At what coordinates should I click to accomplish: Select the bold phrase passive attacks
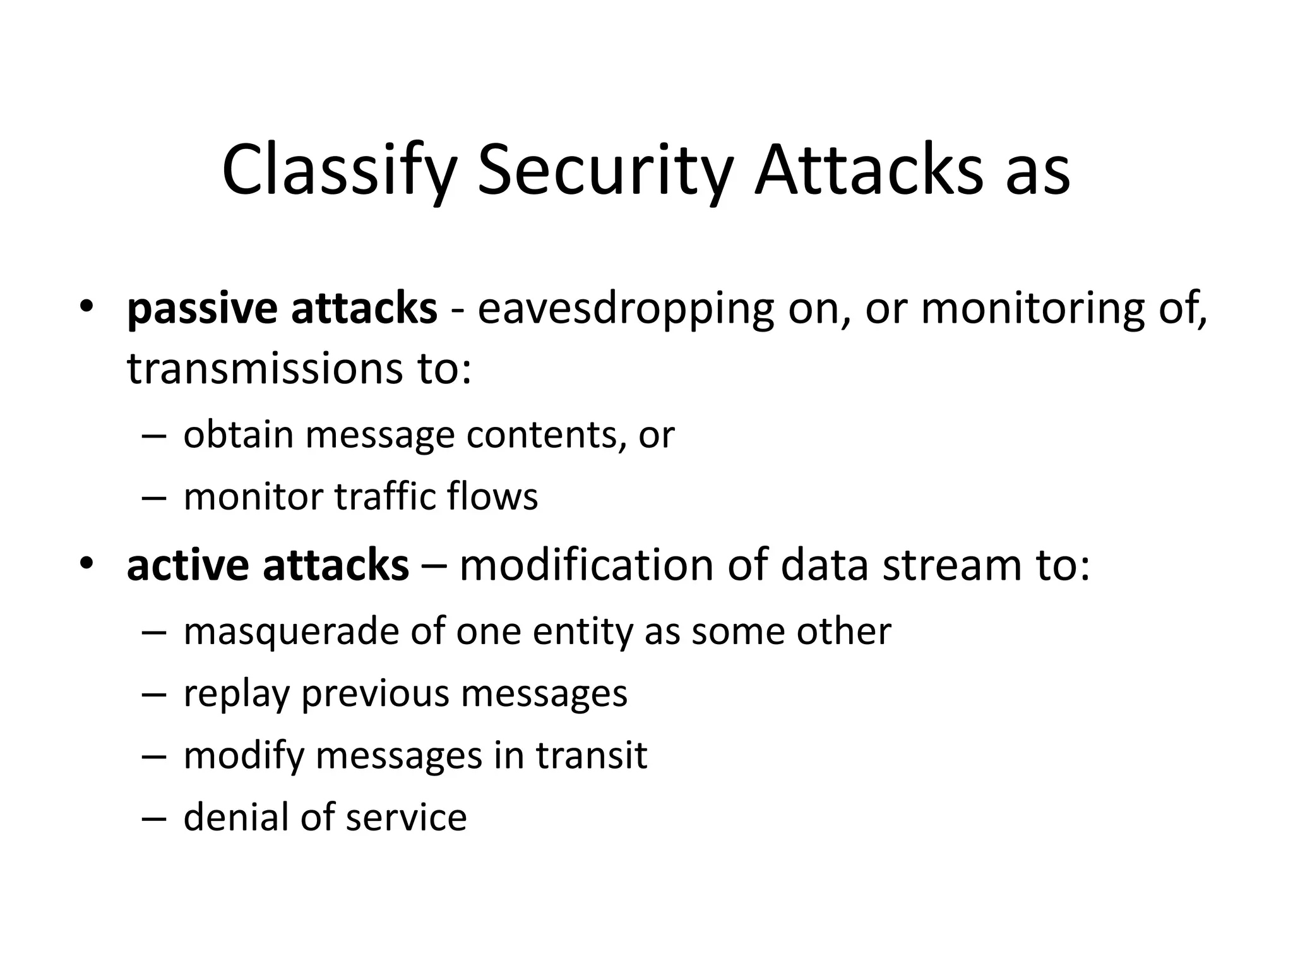tap(282, 309)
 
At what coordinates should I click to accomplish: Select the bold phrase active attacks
tap(268, 565)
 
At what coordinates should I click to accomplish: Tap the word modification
tap(587, 565)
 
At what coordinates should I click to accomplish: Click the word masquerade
tap(291, 631)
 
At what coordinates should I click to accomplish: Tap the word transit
tap(592, 755)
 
